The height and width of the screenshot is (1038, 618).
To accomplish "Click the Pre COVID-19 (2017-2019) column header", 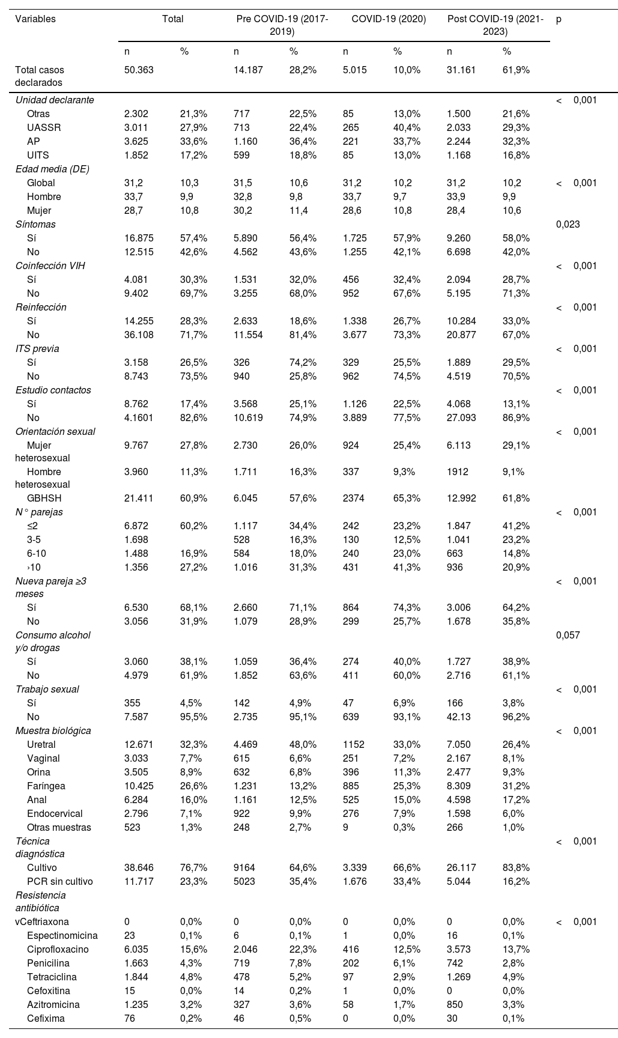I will pos(282,25).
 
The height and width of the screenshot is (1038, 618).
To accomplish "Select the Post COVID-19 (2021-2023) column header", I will pos(495,25).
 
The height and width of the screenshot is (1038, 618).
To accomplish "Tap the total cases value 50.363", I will pos(139,70).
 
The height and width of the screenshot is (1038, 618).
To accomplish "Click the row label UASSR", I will pos(44,127).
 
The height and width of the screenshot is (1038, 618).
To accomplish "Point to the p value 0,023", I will pos(568,224).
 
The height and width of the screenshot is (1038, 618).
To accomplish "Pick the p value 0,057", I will pos(568,634).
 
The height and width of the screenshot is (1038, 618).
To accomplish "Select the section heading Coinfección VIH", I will pos(50,266).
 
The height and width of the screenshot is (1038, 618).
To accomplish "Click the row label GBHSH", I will pos(44,498).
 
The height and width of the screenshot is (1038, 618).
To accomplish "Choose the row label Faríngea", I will pos(46,786).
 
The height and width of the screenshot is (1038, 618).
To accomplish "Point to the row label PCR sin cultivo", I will pos(60,881).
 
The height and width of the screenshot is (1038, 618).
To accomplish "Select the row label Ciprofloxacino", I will pos(58,949).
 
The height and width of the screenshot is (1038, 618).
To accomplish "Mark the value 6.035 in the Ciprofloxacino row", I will pos(136,949).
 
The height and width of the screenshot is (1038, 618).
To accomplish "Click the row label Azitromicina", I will pos(53,1004).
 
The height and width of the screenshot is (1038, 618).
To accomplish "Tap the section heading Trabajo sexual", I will pos(47,689).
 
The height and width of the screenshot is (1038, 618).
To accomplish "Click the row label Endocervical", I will pos(55,813).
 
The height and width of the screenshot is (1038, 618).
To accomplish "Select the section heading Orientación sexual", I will pos(55,431).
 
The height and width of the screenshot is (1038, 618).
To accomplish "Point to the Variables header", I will pos(35,19).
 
